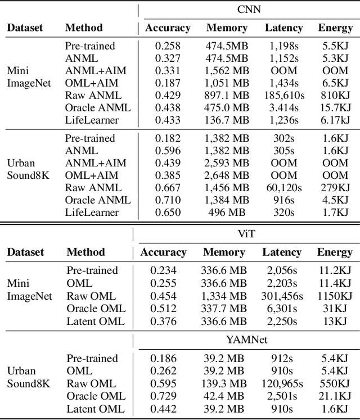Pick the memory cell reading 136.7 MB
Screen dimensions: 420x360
coord(227,120)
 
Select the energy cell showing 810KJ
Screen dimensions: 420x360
coord(335,96)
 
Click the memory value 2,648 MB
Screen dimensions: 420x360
coord(227,175)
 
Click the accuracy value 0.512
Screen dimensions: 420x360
coord(163,308)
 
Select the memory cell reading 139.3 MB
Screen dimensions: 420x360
coord(224,383)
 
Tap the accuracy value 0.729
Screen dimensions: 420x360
coord(163,396)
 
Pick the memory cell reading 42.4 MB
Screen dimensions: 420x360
coord(224,396)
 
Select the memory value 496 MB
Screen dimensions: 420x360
coord(227,213)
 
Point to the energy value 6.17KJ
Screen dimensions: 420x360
coord(335,120)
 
